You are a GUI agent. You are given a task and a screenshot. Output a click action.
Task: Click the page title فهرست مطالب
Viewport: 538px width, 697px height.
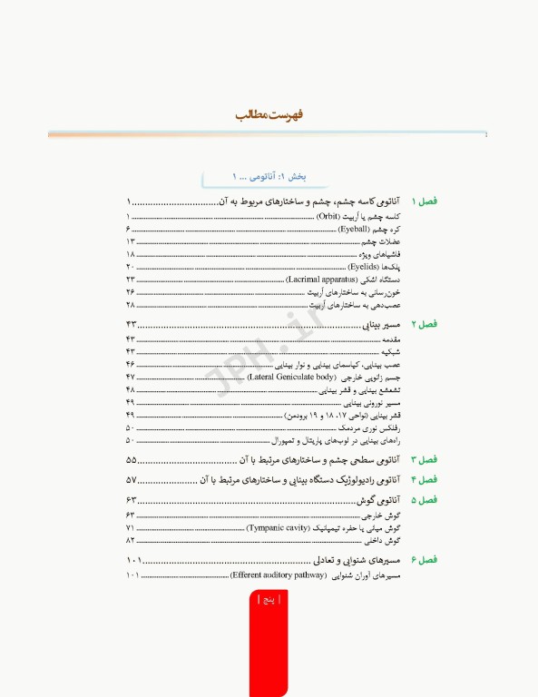(x=269, y=116)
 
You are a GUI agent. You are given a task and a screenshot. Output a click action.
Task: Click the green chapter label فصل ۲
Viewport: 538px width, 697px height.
(x=425, y=324)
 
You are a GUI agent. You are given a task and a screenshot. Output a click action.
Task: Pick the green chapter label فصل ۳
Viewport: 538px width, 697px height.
(x=425, y=461)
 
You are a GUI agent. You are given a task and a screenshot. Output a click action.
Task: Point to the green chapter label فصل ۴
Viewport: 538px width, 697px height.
(x=425, y=479)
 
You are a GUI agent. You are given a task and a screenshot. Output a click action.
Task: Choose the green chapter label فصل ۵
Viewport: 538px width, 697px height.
(x=425, y=500)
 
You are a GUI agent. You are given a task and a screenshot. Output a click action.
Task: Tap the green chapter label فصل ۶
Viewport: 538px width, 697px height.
(x=425, y=560)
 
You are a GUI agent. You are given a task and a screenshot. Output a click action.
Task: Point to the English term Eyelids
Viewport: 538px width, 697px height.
(x=361, y=268)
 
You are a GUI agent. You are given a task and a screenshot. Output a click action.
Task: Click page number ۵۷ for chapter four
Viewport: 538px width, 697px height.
(x=132, y=479)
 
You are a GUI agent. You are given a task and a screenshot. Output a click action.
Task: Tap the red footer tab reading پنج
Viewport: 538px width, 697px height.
(x=269, y=599)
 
